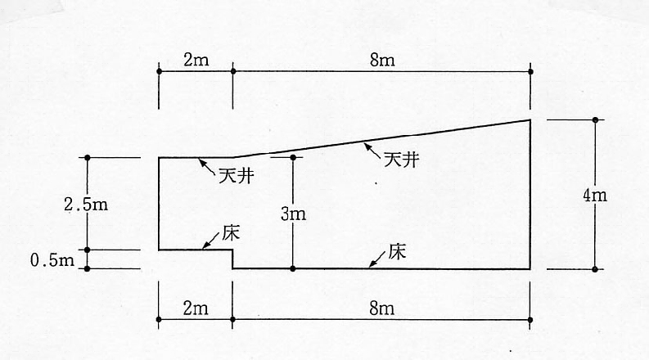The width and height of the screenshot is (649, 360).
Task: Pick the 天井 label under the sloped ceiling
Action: (x=401, y=160)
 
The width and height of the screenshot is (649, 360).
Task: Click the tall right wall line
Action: (x=530, y=196)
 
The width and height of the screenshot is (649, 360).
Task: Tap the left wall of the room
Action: (x=159, y=204)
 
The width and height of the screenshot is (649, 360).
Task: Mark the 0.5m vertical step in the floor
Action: (x=233, y=259)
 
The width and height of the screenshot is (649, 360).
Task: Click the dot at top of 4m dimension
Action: (x=595, y=119)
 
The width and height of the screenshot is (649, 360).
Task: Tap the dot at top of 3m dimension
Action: (x=292, y=157)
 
